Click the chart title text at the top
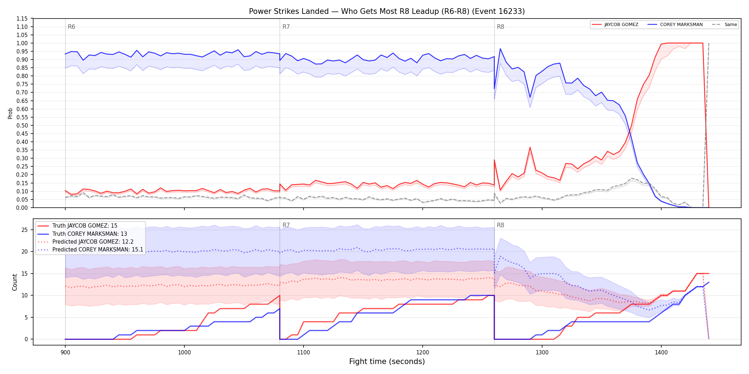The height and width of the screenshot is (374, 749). click(x=387, y=11)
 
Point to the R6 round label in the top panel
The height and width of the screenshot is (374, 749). click(x=71, y=27)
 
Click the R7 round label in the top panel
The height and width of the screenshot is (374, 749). click(x=286, y=27)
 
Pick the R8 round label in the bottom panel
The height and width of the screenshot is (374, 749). click(x=500, y=225)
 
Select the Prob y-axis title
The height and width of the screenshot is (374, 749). click(x=10, y=113)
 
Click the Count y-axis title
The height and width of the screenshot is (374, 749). click(x=15, y=282)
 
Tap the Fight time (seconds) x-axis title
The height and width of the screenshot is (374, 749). click(x=387, y=362)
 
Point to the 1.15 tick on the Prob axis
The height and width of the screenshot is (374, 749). click(x=22, y=19)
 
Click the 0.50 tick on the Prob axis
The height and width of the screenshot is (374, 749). click(x=22, y=125)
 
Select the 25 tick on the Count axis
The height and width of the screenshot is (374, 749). click(x=24, y=230)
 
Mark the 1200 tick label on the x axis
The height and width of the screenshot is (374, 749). click(x=423, y=353)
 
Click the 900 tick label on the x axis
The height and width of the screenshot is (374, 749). click(x=65, y=353)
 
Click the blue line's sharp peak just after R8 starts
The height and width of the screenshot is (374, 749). click(x=500, y=49)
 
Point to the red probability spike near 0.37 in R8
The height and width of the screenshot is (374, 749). click(x=530, y=147)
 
